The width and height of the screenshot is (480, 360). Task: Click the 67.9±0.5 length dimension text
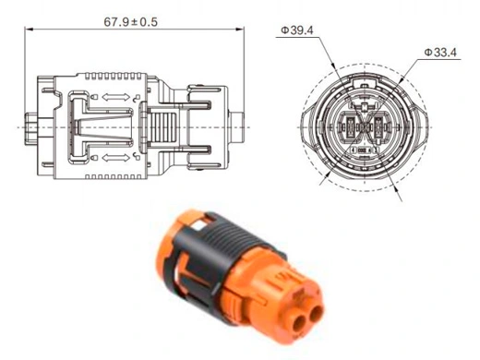(x=130, y=22)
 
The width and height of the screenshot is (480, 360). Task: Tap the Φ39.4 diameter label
(x=297, y=30)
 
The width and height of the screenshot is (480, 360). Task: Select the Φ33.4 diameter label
(x=440, y=53)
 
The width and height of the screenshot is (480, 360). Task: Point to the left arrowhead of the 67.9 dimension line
(x=29, y=30)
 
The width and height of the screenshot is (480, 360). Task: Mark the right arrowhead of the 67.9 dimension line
(x=240, y=30)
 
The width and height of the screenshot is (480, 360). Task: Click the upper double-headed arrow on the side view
(x=116, y=97)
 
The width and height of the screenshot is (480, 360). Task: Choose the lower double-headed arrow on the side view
(x=116, y=158)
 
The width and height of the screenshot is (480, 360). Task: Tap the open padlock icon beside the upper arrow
(x=137, y=98)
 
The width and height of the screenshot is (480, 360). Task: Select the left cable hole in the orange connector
(x=299, y=324)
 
